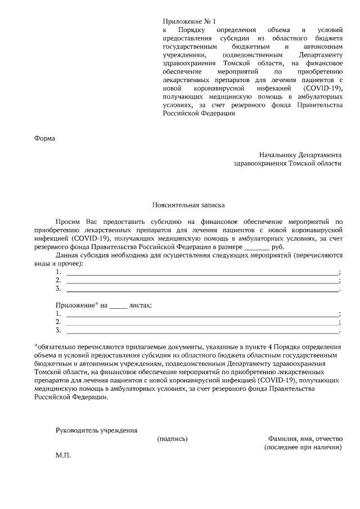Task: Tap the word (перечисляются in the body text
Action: click(x=317, y=255)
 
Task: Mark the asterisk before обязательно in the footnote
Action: click(x=36, y=346)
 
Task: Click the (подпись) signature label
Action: click(x=172, y=439)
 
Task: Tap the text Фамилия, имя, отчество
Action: click(x=305, y=439)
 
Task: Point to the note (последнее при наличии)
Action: click(x=303, y=447)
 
